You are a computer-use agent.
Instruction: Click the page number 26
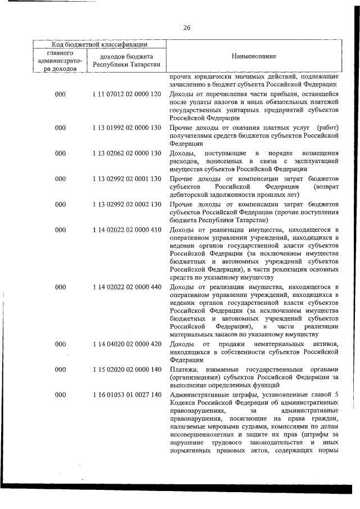point(187,28)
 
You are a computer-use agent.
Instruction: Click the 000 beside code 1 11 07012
point(60,94)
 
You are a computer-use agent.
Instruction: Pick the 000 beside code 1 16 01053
point(60,395)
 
